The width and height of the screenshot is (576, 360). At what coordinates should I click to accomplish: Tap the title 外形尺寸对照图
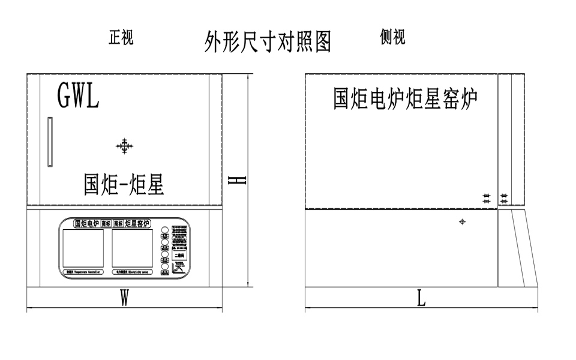coord(268,41)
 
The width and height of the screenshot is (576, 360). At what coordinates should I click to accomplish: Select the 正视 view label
coord(121,38)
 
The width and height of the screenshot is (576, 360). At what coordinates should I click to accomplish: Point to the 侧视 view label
coord(392,37)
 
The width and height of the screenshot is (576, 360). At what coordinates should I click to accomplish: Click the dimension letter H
coord(239,179)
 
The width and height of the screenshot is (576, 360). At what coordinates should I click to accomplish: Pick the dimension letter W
coord(124,298)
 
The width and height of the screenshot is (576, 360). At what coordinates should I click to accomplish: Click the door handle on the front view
coord(50,142)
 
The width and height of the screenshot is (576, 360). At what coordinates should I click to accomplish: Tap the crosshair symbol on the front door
coord(124,146)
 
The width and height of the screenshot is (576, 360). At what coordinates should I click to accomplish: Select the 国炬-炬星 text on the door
coord(124,185)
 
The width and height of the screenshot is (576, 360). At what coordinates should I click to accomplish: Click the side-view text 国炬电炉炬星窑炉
coord(406,99)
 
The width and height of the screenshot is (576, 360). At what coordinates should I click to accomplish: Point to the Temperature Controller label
coord(84,272)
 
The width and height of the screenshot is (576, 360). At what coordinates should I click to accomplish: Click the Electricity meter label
coord(131,272)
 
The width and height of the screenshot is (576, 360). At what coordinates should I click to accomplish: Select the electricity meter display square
coord(132,248)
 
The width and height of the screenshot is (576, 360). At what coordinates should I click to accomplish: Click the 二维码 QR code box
coord(179,255)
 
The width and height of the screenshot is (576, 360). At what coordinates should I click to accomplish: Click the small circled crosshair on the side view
coord(462,222)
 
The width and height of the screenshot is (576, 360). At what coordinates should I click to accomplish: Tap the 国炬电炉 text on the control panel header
coord(86,224)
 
